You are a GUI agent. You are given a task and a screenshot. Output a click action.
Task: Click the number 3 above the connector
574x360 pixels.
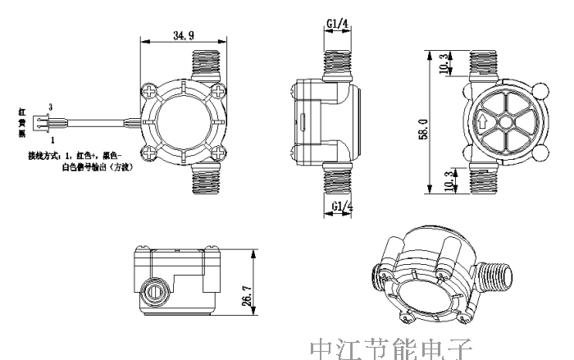pos(52,107)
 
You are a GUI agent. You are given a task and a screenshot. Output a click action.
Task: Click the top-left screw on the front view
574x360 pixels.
pos(150,88)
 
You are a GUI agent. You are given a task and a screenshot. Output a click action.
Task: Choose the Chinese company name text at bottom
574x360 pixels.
pos(391,347)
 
